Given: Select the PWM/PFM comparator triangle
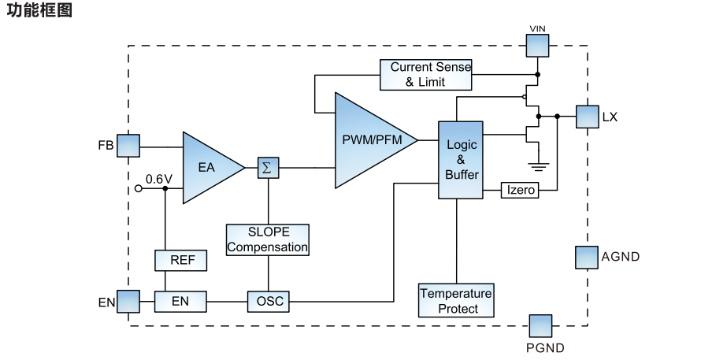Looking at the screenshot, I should pyautogui.click(x=370, y=140).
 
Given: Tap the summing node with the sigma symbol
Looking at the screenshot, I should pyautogui.click(x=268, y=167).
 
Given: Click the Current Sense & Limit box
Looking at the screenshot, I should pyautogui.click(x=425, y=75).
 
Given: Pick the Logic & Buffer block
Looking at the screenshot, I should pyautogui.click(x=460, y=160).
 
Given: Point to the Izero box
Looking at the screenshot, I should pyautogui.click(x=520, y=190).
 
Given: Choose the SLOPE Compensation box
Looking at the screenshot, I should pyautogui.click(x=268, y=239).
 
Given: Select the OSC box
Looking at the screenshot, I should pyautogui.click(x=268, y=301).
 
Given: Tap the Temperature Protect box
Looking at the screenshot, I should pyautogui.click(x=456, y=301).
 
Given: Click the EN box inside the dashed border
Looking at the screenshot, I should pyautogui.click(x=180, y=301).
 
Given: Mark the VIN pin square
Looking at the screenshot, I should pyautogui.click(x=538, y=44).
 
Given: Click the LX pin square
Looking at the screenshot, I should pyautogui.click(x=588, y=117).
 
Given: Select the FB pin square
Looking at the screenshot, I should pyautogui.click(x=128, y=146).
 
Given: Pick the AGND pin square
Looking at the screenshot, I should pyautogui.click(x=587, y=257).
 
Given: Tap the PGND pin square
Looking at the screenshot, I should pyautogui.click(x=540, y=326).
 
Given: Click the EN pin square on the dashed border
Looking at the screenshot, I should pyautogui.click(x=128, y=301).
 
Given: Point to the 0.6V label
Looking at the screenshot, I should pyautogui.click(x=158, y=180).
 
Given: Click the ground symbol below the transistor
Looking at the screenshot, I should pyautogui.click(x=539, y=165).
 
